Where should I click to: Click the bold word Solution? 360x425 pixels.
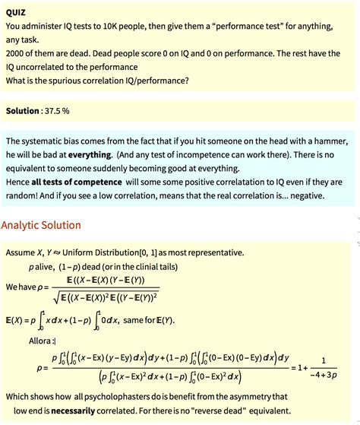[x=22, y=111]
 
